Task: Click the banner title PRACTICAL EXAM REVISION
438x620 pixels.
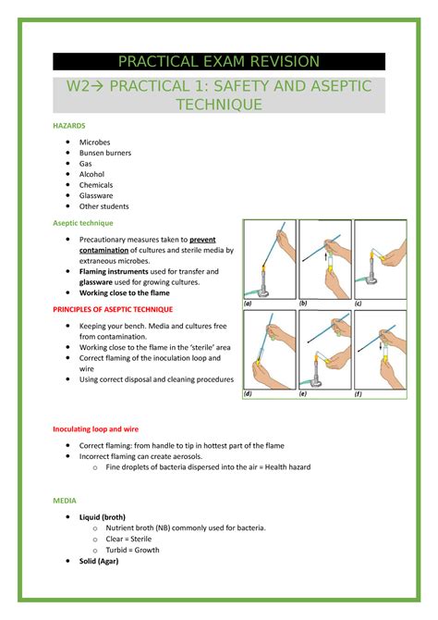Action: pyautogui.click(x=219, y=62)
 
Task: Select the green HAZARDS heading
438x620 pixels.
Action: pyautogui.click(x=69, y=124)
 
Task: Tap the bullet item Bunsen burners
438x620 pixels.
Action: pyautogui.click(x=105, y=153)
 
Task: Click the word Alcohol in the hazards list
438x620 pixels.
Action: pyautogui.click(x=91, y=174)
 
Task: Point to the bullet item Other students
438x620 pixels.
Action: pyautogui.click(x=103, y=206)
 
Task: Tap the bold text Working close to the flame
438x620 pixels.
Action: pyautogui.click(x=130, y=292)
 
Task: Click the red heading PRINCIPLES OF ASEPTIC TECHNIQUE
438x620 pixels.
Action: pyautogui.click(x=113, y=309)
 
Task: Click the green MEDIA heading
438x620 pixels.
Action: pyautogui.click(x=65, y=501)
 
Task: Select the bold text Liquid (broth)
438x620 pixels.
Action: pyautogui.click(x=103, y=516)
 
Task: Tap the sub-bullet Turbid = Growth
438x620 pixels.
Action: pyautogui.click(x=132, y=550)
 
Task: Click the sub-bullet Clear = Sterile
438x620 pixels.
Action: pyautogui.click(x=131, y=539)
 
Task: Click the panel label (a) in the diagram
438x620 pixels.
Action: pyautogui.click(x=249, y=303)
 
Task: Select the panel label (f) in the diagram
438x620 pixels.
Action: pyautogui.click(x=358, y=393)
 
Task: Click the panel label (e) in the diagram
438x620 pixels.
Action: pyautogui.click(x=303, y=393)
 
